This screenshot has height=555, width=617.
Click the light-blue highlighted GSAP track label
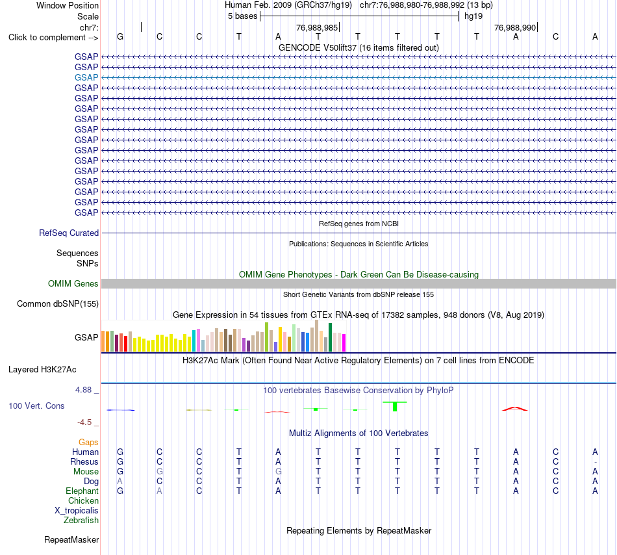click(x=86, y=77)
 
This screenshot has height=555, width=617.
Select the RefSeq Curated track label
click(x=69, y=233)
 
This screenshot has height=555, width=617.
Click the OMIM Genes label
click(x=73, y=284)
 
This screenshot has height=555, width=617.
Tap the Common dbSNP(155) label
click(x=58, y=304)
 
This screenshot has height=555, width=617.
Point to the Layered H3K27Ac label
click(x=42, y=370)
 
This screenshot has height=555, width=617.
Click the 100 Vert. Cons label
click(x=36, y=406)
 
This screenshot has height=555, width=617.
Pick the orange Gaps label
click(x=88, y=443)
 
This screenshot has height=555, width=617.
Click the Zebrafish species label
click(x=81, y=521)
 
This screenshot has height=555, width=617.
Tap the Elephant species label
click(x=82, y=491)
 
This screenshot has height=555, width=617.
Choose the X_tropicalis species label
click(x=77, y=511)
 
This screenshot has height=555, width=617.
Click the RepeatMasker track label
click(x=71, y=539)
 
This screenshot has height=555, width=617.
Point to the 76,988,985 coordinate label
click(x=317, y=27)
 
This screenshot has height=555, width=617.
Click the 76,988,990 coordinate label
click(x=515, y=27)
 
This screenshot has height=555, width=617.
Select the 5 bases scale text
click(x=242, y=16)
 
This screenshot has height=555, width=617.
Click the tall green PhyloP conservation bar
click(x=395, y=406)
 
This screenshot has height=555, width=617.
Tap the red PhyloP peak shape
click(x=515, y=409)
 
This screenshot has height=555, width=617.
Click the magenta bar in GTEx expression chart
click(x=344, y=342)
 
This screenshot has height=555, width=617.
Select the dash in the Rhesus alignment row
click(x=596, y=462)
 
